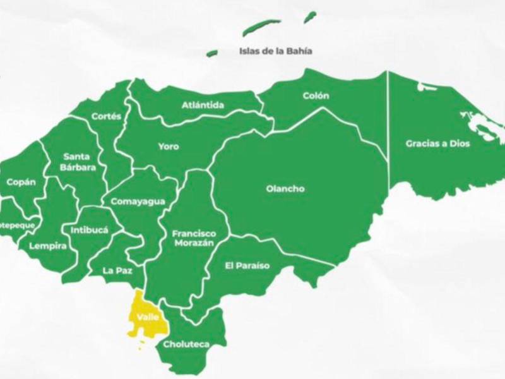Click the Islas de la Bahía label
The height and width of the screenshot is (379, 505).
point(276,51)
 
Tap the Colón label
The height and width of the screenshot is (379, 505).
point(316,96)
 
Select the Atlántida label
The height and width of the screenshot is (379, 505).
point(203,105)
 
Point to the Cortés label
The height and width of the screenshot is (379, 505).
point(105,116)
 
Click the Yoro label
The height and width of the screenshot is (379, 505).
point(168,147)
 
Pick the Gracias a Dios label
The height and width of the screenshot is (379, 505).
point(437,143)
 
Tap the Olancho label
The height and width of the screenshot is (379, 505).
point(285,188)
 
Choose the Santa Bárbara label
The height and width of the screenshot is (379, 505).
point(80,162)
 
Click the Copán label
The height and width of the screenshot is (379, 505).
point(21,182)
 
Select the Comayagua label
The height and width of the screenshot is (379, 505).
point(138,202)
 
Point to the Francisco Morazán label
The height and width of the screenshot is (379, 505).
point(194,238)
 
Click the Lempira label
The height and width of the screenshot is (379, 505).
point(48,246)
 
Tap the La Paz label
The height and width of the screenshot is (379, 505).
point(117,271)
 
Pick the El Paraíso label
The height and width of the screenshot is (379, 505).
point(247,265)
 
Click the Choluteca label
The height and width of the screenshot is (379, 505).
point(186,345)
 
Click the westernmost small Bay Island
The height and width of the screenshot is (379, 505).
point(212,53)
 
